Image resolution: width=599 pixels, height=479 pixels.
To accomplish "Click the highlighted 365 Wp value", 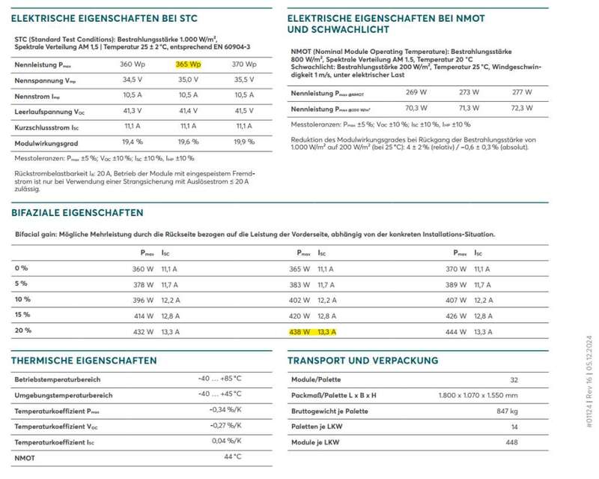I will click(x=188, y=64).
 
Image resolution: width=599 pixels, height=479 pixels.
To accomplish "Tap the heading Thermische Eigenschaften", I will click(x=84, y=361).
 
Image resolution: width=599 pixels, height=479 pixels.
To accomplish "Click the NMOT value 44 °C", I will click(x=232, y=456).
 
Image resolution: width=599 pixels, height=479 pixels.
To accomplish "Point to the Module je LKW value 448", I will click(x=511, y=442).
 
